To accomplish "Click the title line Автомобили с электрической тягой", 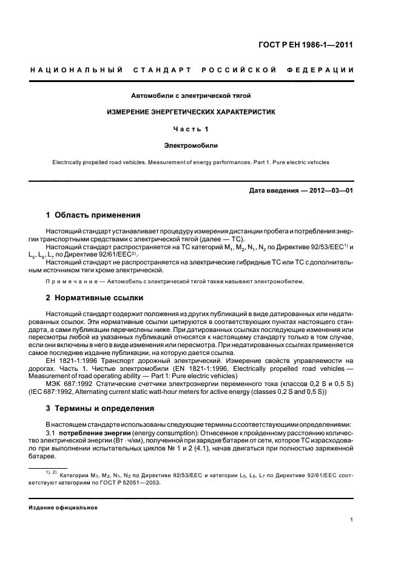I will pos(191,95).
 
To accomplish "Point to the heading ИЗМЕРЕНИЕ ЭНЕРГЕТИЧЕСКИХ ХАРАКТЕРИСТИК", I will pos(191,112).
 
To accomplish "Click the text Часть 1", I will pos(191,129).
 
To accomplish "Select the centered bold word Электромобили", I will pos(191,146).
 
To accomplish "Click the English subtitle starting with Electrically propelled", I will pos(191,162).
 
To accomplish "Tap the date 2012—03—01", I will pos(328,191).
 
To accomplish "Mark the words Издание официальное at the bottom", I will pos(64,507).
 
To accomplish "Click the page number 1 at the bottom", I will pos(352,520).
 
